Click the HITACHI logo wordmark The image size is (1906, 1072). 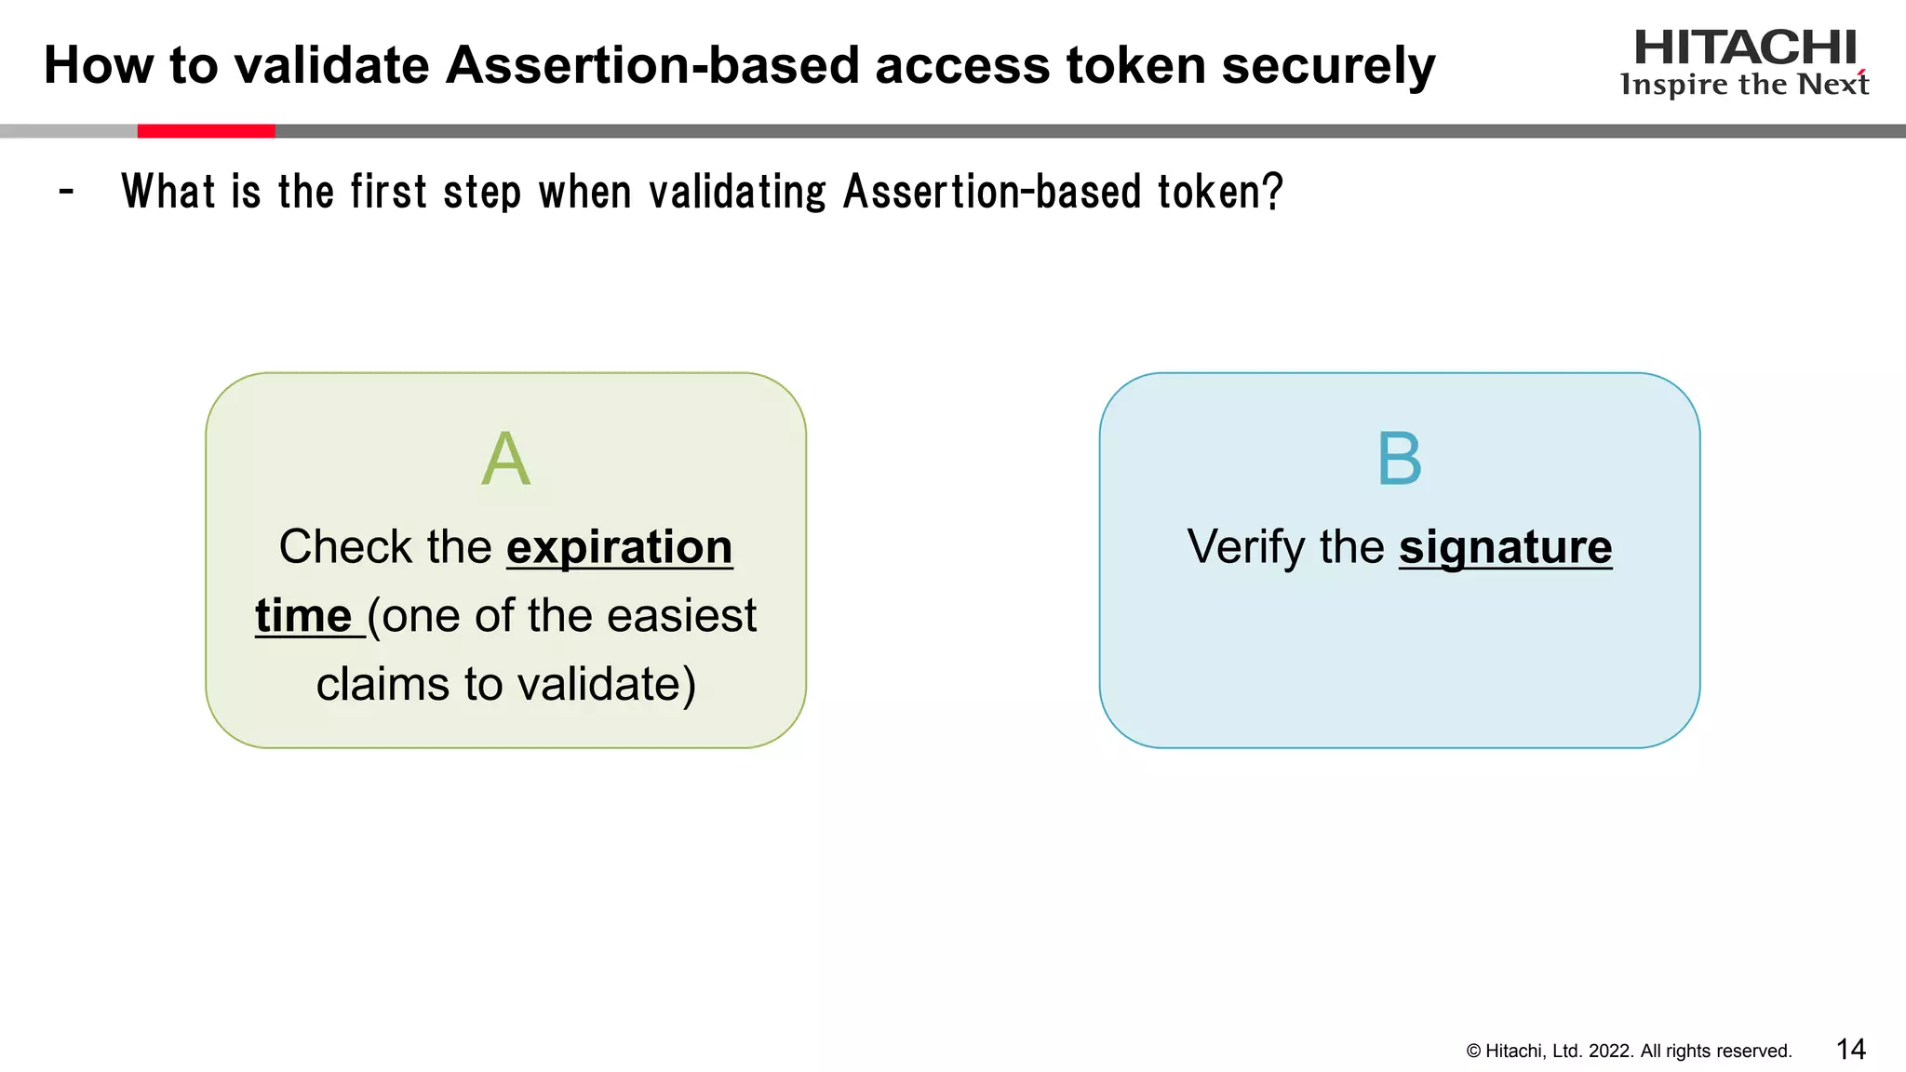click(1744, 47)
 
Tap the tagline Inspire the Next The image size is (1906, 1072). click(1744, 85)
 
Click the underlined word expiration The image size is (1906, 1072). click(619, 547)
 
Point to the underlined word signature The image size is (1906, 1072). click(1505, 547)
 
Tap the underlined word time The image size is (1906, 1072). click(303, 616)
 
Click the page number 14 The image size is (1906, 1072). click(1850, 1050)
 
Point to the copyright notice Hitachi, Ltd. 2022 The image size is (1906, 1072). click(1629, 1052)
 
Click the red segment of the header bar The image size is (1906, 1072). click(206, 131)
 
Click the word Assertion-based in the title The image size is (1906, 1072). click(651, 66)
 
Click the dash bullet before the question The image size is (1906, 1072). click(66, 193)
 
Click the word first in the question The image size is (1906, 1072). click(388, 193)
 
